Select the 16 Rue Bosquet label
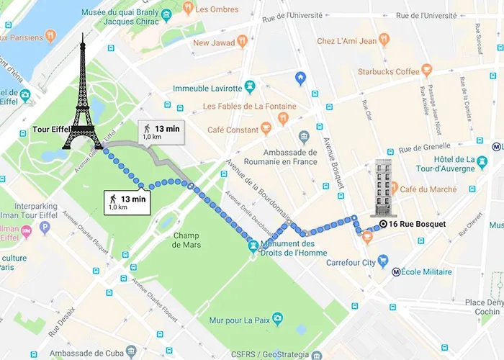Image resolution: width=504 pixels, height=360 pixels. [417, 224]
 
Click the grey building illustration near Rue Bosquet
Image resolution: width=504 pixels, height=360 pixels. [380, 189]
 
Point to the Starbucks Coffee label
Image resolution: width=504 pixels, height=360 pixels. [388, 71]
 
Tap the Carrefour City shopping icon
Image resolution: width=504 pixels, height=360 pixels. [384, 261]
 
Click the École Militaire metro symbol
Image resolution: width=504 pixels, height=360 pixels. [396, 272]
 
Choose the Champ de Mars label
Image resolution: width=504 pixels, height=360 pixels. [186, 240]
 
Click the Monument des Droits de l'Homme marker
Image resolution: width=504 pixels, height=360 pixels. [253, 246]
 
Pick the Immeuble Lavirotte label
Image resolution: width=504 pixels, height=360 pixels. [214, 89]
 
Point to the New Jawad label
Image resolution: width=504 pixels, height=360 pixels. [215, 42]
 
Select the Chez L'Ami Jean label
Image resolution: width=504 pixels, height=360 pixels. [348, 40]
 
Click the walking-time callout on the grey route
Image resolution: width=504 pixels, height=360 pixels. [161, 132]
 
